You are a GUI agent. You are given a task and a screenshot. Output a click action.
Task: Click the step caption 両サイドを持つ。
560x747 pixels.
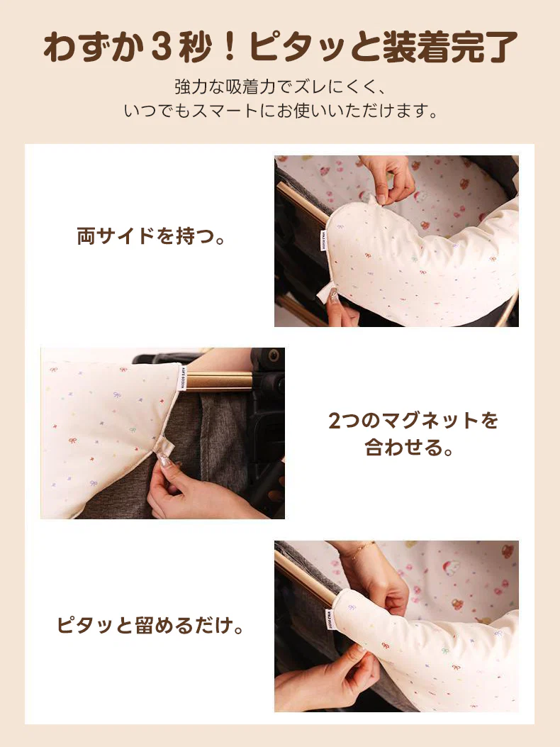[151, 236]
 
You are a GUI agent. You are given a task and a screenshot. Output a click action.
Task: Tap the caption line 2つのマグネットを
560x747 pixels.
[413, 421]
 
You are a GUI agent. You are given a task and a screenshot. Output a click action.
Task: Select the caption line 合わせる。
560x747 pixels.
[409, 448]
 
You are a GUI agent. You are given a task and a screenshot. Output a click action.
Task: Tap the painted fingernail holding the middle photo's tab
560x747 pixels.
[164, 462]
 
